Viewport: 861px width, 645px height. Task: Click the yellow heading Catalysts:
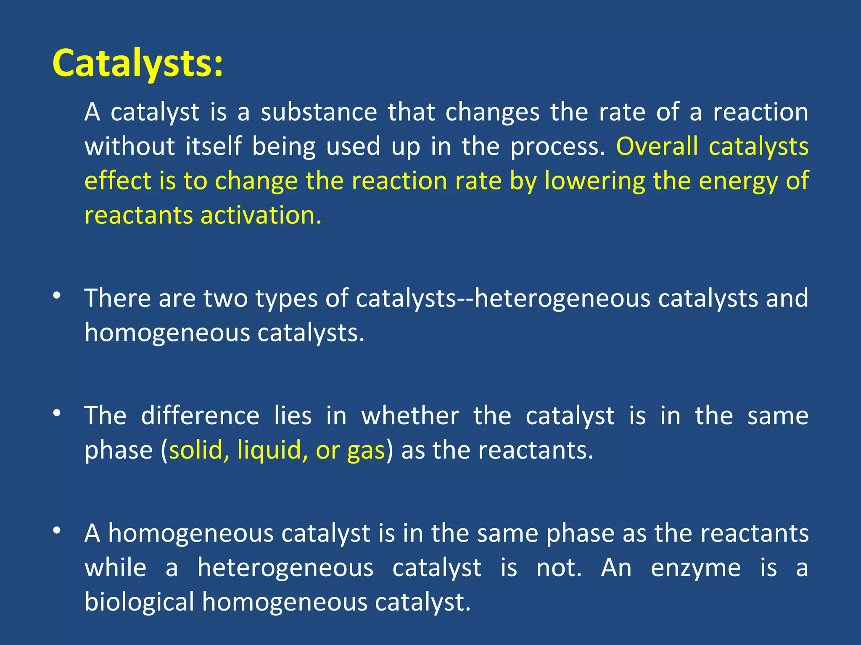pyautogui.click(x=137, y=64)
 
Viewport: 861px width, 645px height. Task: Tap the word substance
pyautogui.click(x=319, y=113)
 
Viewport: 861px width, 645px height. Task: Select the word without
pyautogui.click(x=129, y=147)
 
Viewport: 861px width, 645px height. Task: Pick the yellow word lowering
pyautogui.click(x=594, y=181)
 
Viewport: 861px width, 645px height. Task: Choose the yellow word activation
pyautogui.click(x=261, y=215)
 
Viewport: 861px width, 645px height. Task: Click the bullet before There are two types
pyautogui.click(x=57, y=296)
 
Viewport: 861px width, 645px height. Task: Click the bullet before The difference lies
pyautogui.click(x=57, y=413)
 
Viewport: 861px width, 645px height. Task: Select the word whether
pyautogui.click(x=410, y=416)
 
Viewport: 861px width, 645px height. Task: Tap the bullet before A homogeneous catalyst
pyautogui.click(x=57, y=531)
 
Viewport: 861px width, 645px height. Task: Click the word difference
pyautogui.click(x=200, y=416)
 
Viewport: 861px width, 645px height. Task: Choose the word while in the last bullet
pyautogui.click(x=116, y=568)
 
